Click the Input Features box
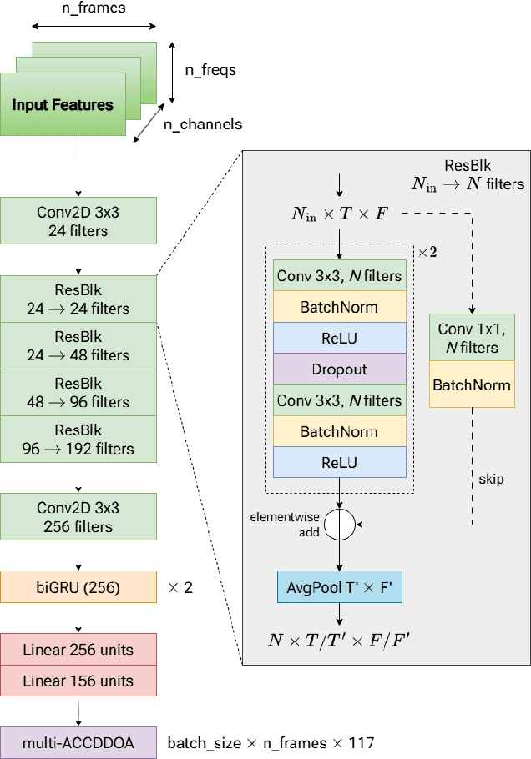(x=63, y=105)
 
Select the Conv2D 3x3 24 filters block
(x=78, y=221)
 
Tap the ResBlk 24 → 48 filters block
(x=78, y=345)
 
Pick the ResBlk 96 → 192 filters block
(x=78, y=440)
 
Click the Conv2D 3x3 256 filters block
(x=78, y=515)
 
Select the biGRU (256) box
(x=78, y=588)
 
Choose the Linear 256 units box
(x=78, y=650)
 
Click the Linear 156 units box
(x=78, y=681)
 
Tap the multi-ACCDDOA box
(x=78, y=741)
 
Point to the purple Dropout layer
(x=338, y=369)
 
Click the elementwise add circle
(x=340, y=525)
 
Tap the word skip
(x=491, y=480)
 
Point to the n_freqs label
(x=210, y=70)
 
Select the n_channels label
(x=202, y=124)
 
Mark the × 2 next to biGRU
(x=180, y=588)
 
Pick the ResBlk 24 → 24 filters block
(x=78, y=299)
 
